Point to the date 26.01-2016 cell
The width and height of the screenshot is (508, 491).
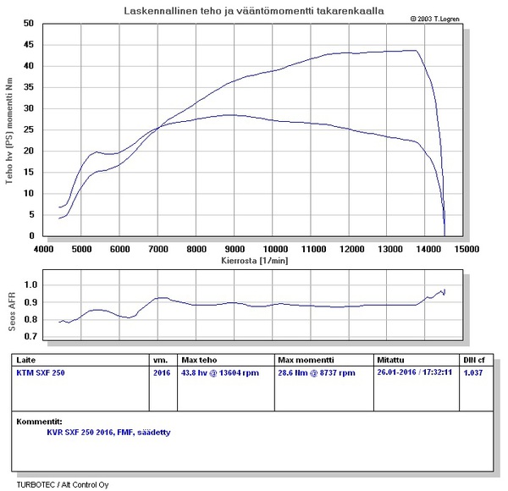(x=415, y=372)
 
